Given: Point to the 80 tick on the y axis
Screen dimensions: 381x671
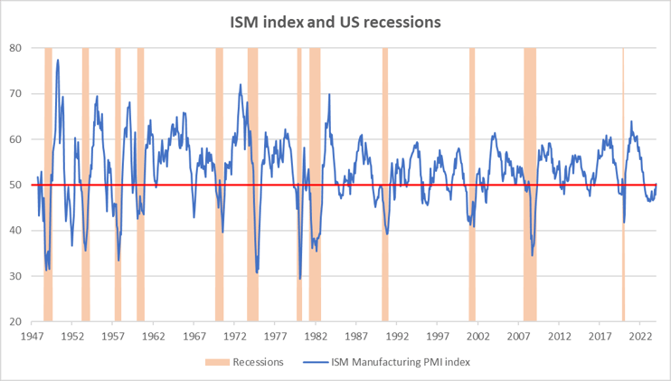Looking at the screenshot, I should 15,48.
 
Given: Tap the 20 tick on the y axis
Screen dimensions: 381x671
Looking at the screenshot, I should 15,321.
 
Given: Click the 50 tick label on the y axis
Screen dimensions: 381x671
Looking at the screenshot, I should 15,185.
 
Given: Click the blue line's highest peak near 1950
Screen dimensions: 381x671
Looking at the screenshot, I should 58,61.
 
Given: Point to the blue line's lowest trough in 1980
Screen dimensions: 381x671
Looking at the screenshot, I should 300,278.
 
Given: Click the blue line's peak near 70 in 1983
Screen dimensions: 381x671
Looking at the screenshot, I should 329,94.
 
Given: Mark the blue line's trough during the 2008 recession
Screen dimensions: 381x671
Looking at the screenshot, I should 533,255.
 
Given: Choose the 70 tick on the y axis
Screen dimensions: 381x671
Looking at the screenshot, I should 15,93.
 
